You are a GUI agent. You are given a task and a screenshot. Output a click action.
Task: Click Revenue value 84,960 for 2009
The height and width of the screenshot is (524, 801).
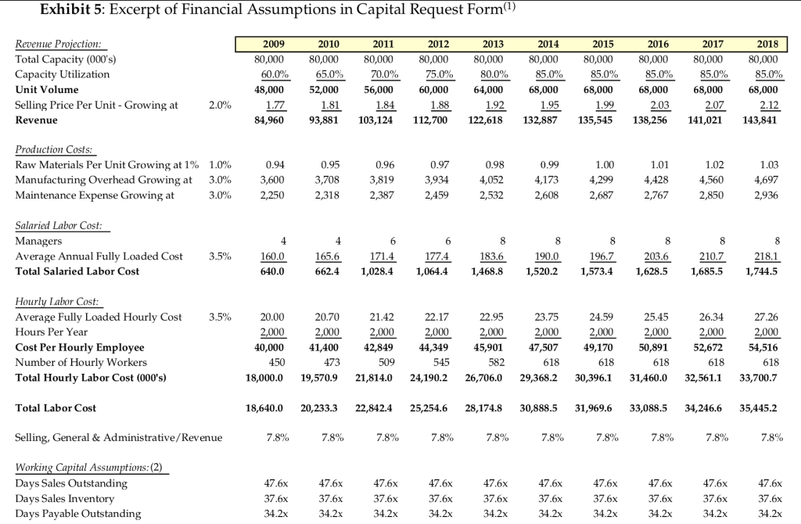pos(269,120)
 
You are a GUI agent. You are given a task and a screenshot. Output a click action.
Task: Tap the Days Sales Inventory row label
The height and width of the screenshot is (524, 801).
pos(65,499)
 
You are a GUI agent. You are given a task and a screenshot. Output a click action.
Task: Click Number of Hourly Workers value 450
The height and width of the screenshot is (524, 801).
pos(275,362)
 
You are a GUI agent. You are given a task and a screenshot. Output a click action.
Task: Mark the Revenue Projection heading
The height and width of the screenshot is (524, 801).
pos(63,45)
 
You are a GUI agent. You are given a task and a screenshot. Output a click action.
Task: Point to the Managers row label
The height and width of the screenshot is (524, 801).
pos(38,242)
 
